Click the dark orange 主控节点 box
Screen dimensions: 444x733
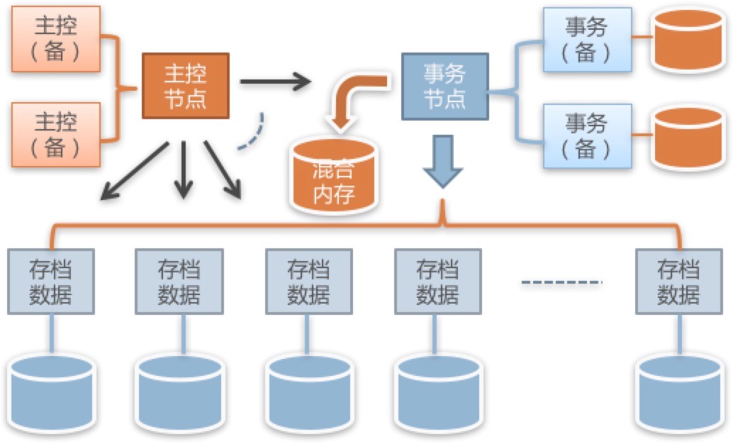point(186,84)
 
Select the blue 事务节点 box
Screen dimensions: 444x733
point(444,85)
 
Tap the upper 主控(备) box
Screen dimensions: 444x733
point(56,38)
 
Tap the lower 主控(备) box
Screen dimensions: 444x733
point(56,134)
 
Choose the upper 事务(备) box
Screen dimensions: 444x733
point(586,39)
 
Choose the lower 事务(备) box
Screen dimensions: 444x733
point(586,135)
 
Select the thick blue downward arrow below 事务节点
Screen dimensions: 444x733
point(442,160)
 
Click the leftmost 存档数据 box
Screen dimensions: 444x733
point(50,281)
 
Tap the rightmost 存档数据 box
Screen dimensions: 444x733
point(678,281)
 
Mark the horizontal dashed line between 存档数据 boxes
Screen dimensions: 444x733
point(561,283)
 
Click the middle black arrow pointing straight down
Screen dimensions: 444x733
point(184,168)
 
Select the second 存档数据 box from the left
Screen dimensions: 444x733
point(179,281)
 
